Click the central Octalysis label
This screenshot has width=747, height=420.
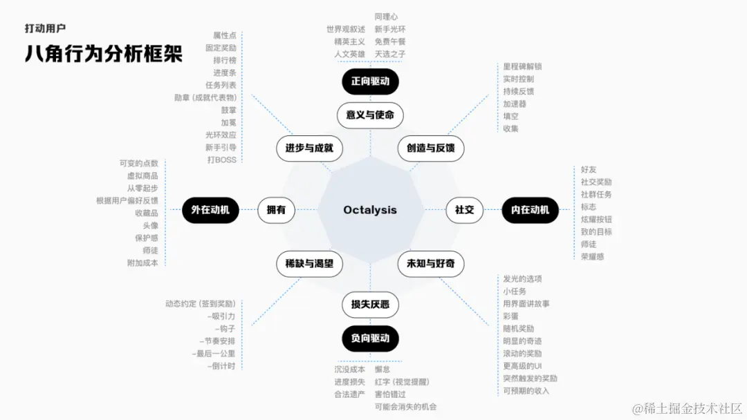(370, 210)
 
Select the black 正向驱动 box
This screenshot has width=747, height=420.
(370, 82)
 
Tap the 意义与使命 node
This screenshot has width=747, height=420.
(370, 115)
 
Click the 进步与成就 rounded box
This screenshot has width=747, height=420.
(304, 148)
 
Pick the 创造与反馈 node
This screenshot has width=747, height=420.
(431, 148)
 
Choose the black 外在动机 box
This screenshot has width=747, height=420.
(210, 210)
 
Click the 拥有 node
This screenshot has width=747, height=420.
(276, 210)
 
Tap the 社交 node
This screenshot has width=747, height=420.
(464, 210)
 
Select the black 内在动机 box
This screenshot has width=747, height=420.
(530, 210)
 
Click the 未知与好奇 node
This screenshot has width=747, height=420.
(431, 264)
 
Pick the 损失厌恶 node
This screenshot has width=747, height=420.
(370, 305)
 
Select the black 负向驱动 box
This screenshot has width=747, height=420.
(370, 338)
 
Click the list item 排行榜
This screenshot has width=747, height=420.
(225, 60)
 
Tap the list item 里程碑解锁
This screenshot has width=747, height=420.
(522, 67)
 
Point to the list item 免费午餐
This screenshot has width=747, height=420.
(390, 41)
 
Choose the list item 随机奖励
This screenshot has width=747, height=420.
(518, 329)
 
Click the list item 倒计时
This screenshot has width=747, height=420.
(223, 366)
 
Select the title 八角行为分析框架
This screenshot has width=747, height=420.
(104, 54)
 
